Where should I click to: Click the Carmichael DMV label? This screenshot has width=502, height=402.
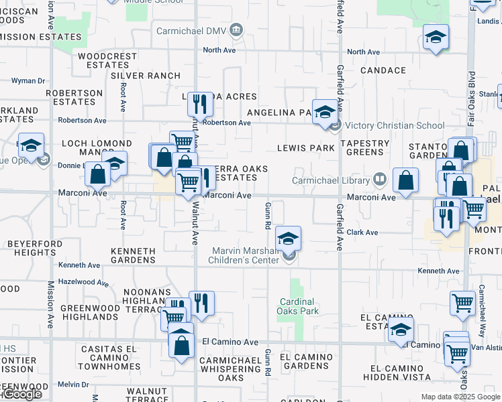(192, 31)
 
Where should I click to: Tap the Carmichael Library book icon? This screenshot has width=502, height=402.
(380, 180)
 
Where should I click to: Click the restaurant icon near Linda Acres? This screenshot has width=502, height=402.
(200, 105)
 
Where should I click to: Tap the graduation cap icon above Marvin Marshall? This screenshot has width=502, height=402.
(289, 239)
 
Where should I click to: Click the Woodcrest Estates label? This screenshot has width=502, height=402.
(103, 60)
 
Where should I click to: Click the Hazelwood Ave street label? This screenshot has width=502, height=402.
(83, 283)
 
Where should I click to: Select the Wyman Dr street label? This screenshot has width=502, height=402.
(28, 81)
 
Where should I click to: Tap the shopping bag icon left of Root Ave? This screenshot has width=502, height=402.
(98, 175)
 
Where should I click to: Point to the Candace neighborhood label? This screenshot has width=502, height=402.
(383, 70)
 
